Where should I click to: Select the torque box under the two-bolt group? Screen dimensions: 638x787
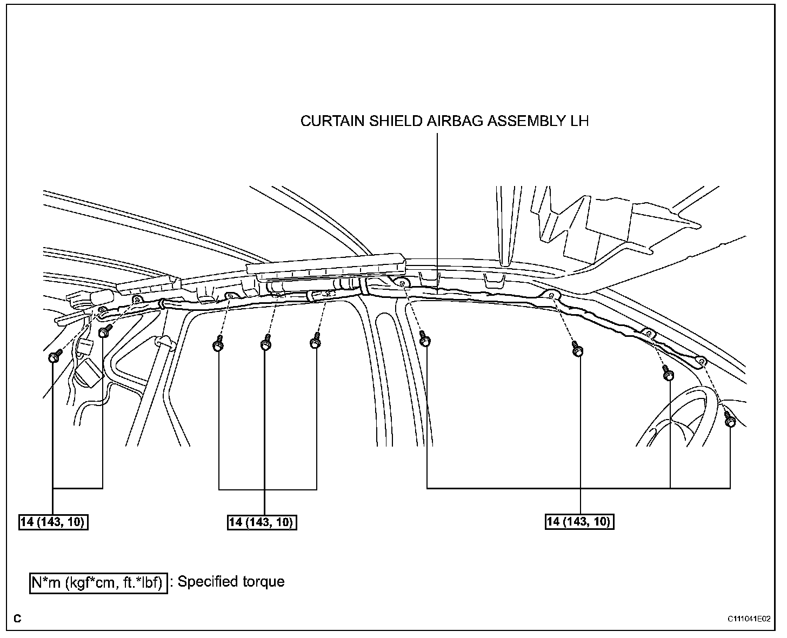(x=54, y=522)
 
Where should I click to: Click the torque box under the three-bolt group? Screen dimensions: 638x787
(x=262, y=522)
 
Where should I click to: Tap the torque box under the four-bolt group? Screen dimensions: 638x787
(x=579, y=522)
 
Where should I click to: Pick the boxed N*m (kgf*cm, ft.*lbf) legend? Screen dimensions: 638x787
(x=98, y=583)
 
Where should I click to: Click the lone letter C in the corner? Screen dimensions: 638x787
(x=18, y=619)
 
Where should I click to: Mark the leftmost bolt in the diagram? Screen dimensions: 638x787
(x=54, y=357)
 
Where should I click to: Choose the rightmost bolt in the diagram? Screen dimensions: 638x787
(x=730, y=421)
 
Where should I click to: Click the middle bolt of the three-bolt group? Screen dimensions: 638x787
(x=265, y=344)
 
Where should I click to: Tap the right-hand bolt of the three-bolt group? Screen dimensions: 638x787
(x=315, y=342)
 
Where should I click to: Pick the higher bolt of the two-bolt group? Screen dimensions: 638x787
(x=104, y=330)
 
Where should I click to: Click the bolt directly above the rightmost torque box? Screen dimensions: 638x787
(x=578, y=349)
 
